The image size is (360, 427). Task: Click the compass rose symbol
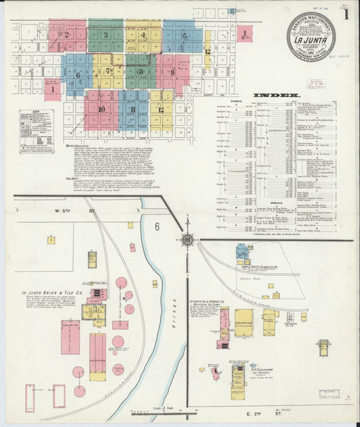tap(186, 239)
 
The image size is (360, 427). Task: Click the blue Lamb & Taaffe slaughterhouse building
tap(242, 253)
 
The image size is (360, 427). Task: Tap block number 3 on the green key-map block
tap(105, 35)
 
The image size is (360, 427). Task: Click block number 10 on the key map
tap(101, 109)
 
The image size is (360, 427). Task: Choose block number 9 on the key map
tap(172, 72)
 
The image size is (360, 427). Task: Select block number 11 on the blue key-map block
tap(133, 109)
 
